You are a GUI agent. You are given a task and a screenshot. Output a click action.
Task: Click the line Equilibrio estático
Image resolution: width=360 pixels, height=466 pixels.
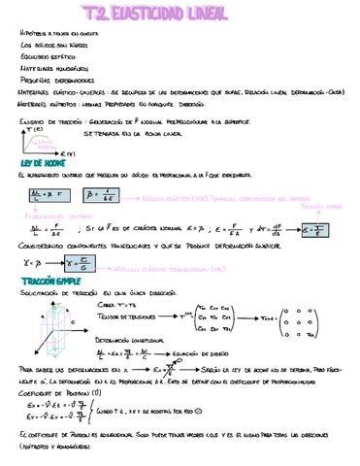tap(47, 57)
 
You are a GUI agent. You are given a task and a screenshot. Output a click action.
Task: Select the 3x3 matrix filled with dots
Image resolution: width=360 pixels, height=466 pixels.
tap(325, 317)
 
